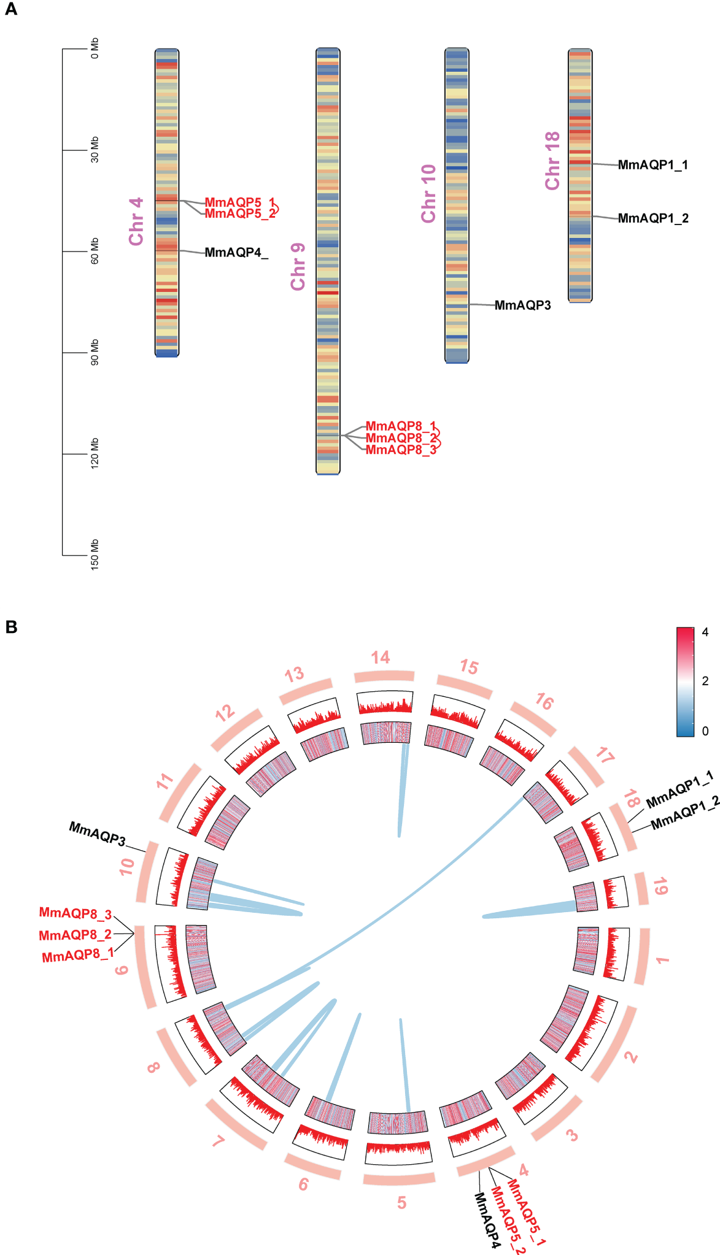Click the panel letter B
tap(10, 627)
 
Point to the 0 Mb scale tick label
tap(95, 48)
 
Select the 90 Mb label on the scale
tap(95, 352)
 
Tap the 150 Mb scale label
tap(95, 555)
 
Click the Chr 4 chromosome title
tap(136, 221)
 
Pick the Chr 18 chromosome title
tap(552, 161)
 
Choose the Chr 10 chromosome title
tap(428, 193)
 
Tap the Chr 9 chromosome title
tap(298, 266)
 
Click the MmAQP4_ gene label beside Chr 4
tap(236, 253)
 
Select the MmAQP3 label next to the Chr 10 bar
tap(522, 305)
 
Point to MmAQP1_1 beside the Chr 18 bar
tap(652, 165)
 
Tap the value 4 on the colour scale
tap(705, 632)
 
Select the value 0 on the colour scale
tap(705, 731)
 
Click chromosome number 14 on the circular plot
tap(381, 658)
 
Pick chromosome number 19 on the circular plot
tap(660, 886)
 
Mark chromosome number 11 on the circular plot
tap(165, 782)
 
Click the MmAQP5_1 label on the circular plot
tap(526, 1213)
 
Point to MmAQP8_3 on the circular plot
tap(75, 913)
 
